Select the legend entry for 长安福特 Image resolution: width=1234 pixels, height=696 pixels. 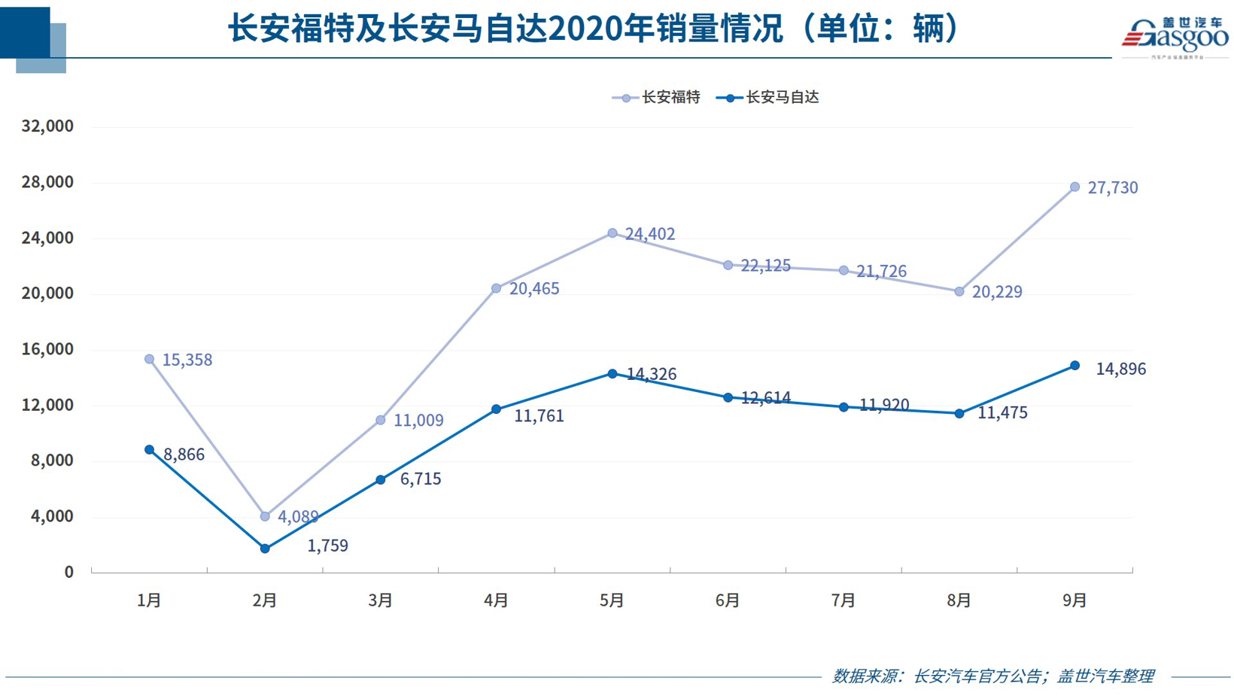coord(657,97)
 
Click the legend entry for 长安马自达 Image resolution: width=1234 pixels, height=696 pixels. coord(768,97)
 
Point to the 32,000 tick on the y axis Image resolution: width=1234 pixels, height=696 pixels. coord(47,126)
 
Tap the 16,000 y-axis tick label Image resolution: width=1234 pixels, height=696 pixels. coord(47,349)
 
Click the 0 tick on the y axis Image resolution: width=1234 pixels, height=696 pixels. coord(68,572)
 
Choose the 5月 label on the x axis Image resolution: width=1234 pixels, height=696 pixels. coord(612,600)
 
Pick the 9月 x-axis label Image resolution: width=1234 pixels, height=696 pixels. coord(1074,600)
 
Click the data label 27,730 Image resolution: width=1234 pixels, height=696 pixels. coord(1112,188)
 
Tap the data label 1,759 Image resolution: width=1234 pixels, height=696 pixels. coord(327,546)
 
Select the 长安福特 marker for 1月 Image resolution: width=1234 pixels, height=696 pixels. coord(149,360)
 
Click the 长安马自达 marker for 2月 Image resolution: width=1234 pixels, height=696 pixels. coord(265,549)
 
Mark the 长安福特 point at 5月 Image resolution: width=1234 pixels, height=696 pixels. coord(612,233)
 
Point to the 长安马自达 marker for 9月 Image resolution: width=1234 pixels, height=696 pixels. coord(1074,366)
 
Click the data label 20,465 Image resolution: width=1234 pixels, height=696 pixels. coord(534,289)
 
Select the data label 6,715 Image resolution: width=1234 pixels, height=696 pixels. coord(420,479)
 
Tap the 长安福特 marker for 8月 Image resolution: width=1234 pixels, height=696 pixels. coord(959,291)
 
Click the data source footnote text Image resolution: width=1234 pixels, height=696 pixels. coord(992,676)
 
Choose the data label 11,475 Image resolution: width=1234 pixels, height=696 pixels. coord(1002,413)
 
